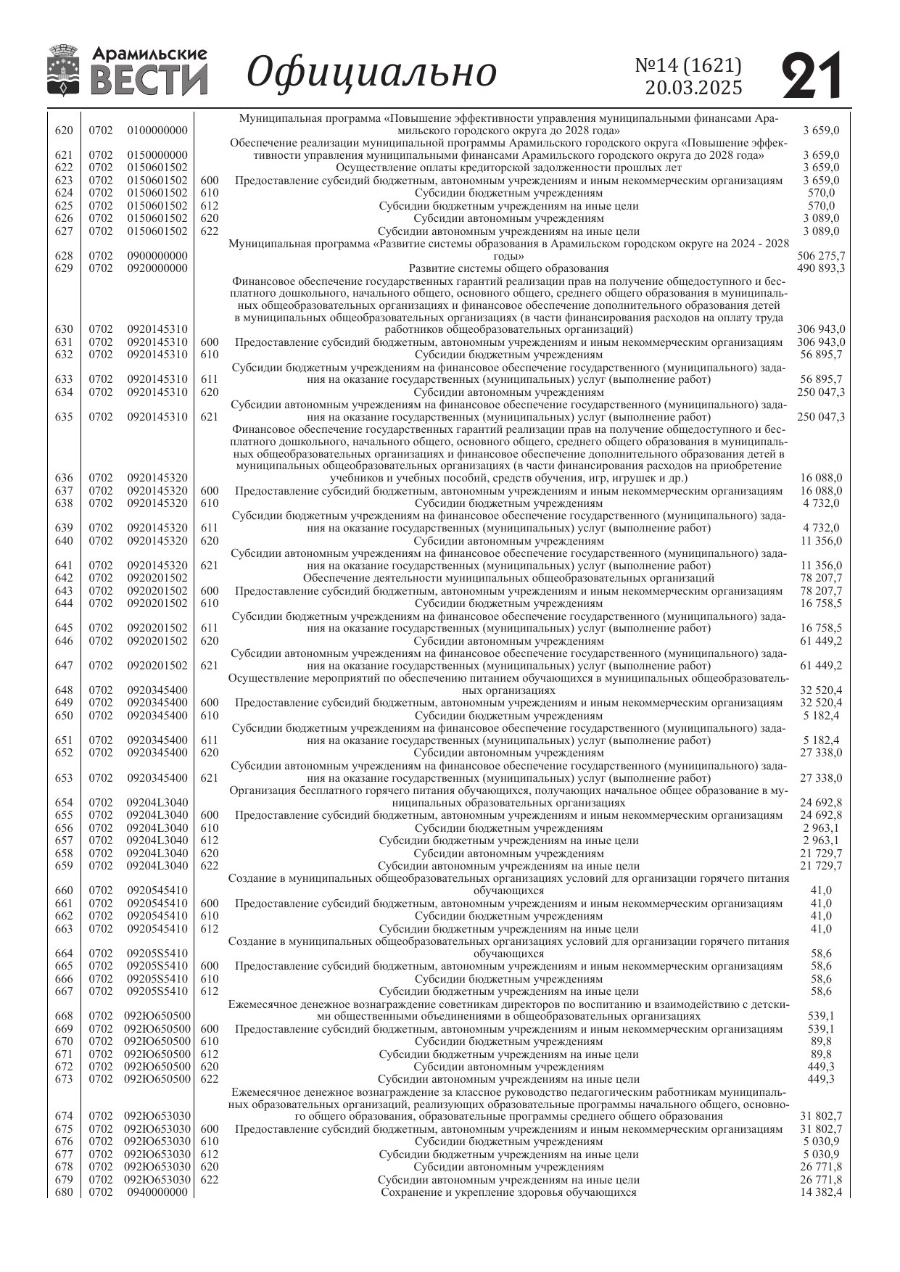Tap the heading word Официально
(x=372, y=72)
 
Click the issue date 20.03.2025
(x=693, y=88)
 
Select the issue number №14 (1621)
(x=688, y=65)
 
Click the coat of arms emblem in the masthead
(x=64, y=70)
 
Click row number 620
(x=64, y=131)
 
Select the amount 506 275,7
(x=821, y=256)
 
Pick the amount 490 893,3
(x=821, y=268)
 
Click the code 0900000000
(x=157, y=256)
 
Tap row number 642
(x=64, y=578)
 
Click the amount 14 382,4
(x=821, y=1192)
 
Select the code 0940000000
(x=157, y=1192)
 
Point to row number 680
(x=64, y=1192)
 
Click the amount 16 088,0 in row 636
(x=821, y=478)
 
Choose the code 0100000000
(x=157, y=131)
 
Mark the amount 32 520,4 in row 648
(x=821, y=690)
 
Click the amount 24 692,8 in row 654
(x=821, y=803)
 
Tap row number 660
(x=64, y=891)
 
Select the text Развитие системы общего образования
(x=508, y=268)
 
